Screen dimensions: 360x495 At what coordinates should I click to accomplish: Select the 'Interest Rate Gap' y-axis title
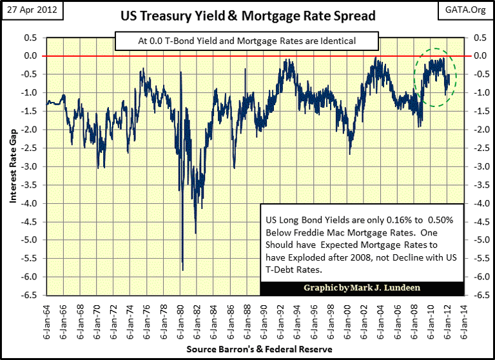click(13, 166)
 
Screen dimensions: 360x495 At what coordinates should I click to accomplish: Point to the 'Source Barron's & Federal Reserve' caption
click(260, 349)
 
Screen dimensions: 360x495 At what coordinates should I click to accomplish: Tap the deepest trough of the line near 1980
click(183, 269)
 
